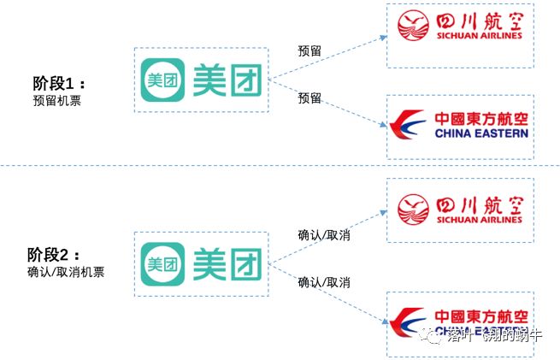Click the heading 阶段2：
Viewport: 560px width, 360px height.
coord(57,255)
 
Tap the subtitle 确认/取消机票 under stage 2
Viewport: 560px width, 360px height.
coord(65,272)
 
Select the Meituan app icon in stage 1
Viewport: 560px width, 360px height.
coord(162,80)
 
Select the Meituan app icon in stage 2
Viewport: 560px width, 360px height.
coord(162,263)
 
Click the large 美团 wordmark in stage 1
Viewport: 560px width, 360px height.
coord(228,80)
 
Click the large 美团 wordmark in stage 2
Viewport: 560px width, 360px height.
coord(228,263)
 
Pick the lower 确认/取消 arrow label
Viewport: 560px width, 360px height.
coord(323,281)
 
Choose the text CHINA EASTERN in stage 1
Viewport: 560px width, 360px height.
coord(481,133)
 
